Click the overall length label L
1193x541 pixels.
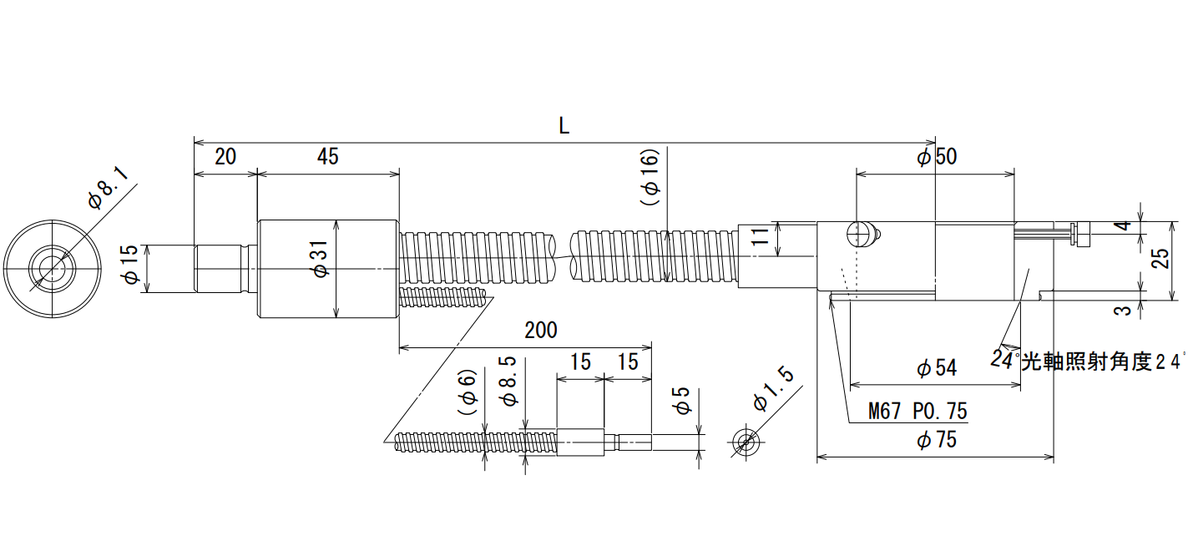point(564,126)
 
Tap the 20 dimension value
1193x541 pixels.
point(225,157)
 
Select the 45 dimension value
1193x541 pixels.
point(327,157)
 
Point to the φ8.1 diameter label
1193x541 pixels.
point(108,188)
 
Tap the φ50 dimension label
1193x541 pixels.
point(937,157)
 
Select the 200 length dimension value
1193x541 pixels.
point(541,330)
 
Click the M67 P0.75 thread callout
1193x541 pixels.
point(917,411)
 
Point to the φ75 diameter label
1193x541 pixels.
point(937,440)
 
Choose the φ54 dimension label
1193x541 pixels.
point(937,367)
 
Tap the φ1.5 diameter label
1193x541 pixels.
point(773,389)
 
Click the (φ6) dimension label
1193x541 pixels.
point(467,392)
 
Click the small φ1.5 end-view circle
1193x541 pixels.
point(746,442)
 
